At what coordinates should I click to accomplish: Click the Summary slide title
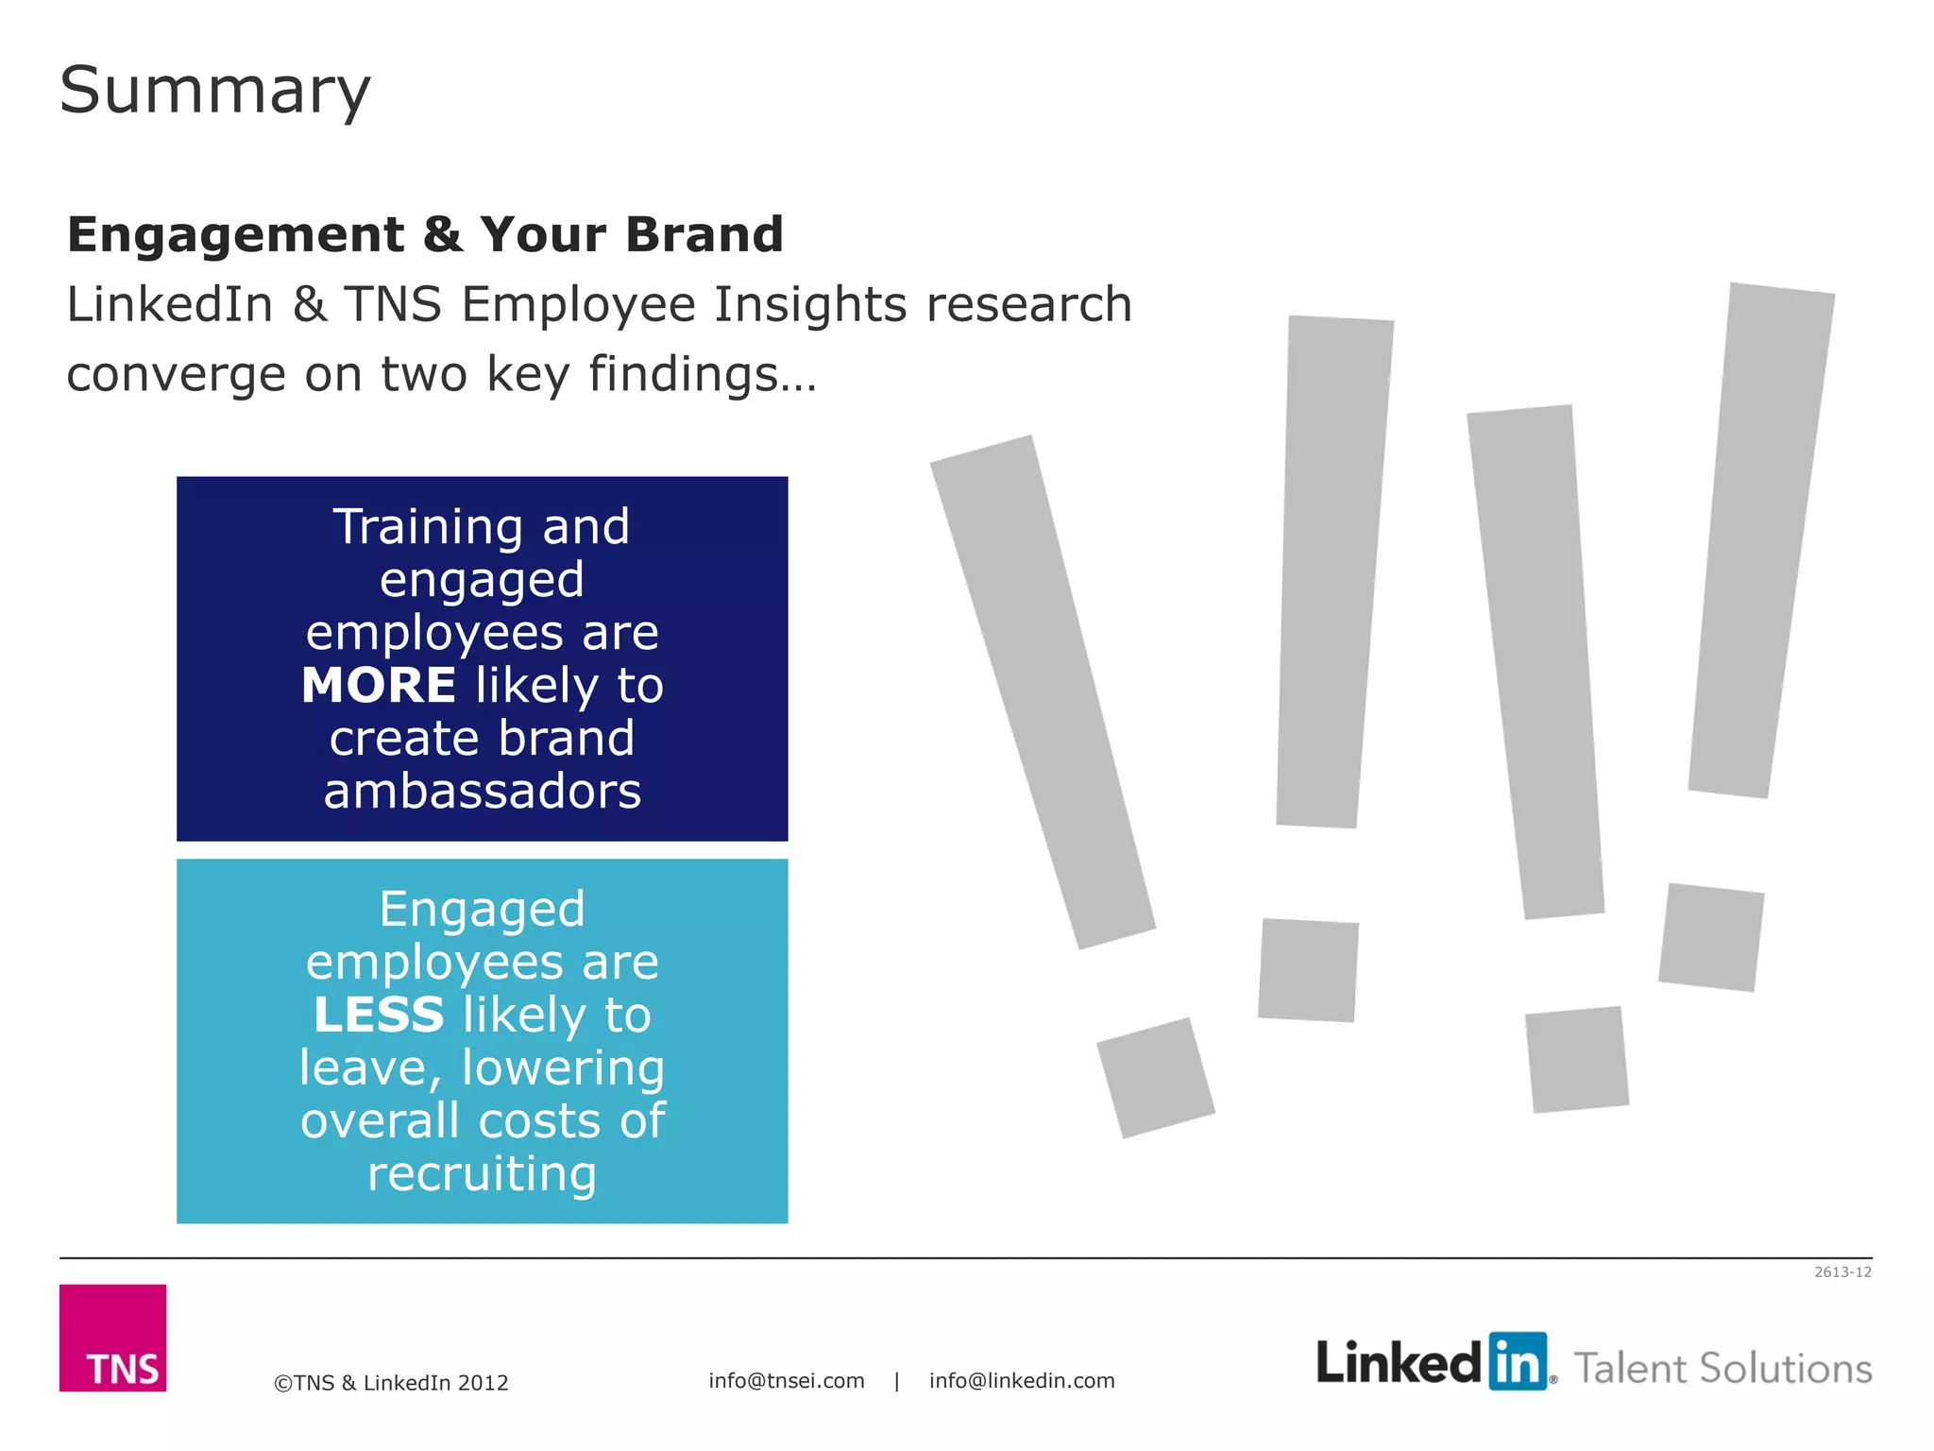point(215,91)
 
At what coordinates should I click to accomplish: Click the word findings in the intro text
point(701,374)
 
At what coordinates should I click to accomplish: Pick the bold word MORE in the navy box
point(379,685)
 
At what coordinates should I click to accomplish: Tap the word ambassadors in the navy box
point(483,791)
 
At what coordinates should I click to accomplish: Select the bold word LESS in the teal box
point(379,1015)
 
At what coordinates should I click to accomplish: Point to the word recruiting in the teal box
point(483,1173)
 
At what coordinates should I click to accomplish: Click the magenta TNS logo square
point(112,1338)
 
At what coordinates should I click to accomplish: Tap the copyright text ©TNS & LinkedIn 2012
point(391,1382)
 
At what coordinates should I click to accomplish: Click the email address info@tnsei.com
point(787,1380)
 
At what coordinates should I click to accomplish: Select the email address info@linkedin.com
point(1022,1380)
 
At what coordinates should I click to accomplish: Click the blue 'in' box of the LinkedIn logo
point(1518,1361)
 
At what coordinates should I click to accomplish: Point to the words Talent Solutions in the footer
point(1722,1368)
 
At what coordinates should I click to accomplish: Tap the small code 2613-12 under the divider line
point(1842,1272)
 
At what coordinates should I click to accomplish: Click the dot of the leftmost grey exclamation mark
point(1156,1077)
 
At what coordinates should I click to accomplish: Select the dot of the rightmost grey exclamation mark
point(1711,937)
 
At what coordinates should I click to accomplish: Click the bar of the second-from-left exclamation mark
point(1333,572)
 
